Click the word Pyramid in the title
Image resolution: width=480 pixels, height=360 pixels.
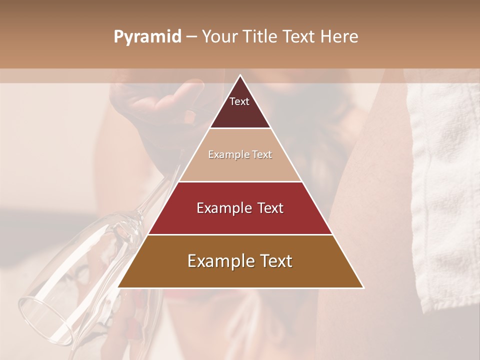coord(147,37)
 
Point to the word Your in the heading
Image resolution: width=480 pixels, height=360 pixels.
coord(219,36)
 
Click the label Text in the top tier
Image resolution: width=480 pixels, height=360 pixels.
coord(239,101)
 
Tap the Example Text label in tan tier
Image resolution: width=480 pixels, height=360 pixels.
coord(240,154)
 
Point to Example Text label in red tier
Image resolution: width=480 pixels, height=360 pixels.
coord(240,208)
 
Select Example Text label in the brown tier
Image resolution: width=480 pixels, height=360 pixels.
coord(240,261)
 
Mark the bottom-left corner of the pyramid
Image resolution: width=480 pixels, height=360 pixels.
coord(118,287)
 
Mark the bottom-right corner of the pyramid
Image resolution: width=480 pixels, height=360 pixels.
coord(363,287)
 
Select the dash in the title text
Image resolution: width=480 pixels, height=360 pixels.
coord(191,37)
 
